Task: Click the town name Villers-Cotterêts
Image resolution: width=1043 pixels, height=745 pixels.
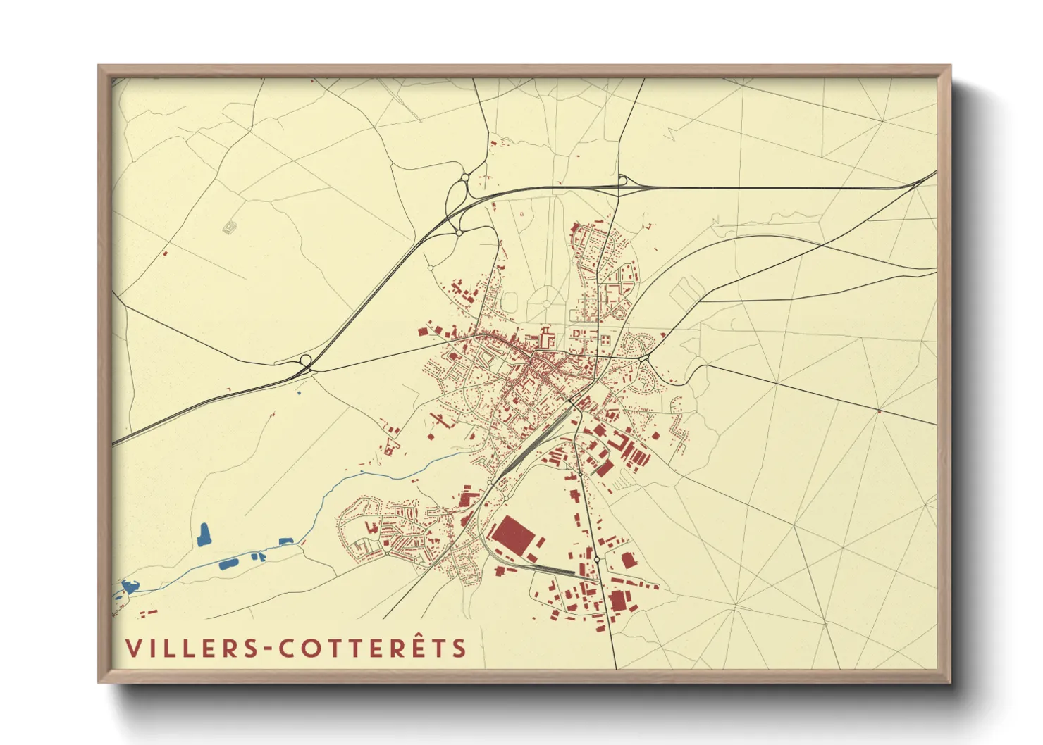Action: pos(296,648)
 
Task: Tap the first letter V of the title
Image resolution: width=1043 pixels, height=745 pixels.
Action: pos(132,648)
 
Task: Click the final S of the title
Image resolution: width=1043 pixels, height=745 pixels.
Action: pos(459,648)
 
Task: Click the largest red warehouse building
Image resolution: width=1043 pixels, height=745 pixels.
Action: pos(514,534)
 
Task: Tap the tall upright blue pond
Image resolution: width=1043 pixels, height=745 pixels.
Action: pos(204,534)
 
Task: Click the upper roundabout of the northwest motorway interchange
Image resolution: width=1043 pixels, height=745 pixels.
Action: pos(464,178)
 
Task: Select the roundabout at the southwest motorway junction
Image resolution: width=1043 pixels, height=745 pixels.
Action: pos(306,361)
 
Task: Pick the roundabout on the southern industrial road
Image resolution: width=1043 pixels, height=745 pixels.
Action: pos(597,559)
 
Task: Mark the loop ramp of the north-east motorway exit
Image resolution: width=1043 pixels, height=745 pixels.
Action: pos(622,180)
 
